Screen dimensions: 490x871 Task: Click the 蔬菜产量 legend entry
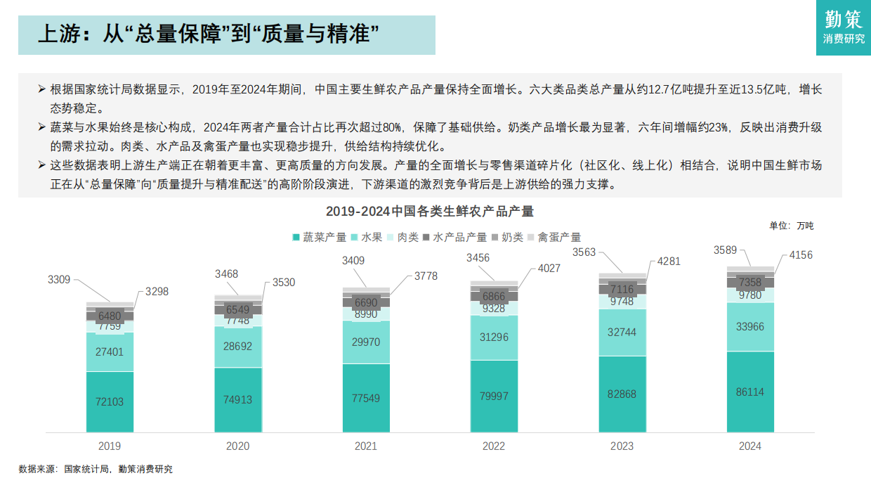pyautogui.click(x=320, y=238)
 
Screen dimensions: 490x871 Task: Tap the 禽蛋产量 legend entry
pyautogui.click(x=554, y=238)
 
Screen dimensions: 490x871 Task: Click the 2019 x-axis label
pyautogui.click(x=110, y=446)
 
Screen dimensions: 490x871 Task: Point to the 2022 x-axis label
pyautogui.click(x=494, y=446)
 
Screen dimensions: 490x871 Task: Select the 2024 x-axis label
pyautogui.click(x=750, y=446)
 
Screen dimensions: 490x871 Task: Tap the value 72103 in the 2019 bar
pyautogui.click(x=110, y=401)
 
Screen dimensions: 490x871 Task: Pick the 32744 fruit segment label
pyautogui.click(x=622, y=332)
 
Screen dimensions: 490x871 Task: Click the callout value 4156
pyautogui.click(x=801, y=255)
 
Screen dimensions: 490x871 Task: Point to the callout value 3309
pyautogui.click(x=59, y=280)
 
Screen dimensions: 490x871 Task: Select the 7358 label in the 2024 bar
pyautogui.click(x=750, y=283)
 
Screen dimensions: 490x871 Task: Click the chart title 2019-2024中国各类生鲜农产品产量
pyautogui.click(x=430, y=212)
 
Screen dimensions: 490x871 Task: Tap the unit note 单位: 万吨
pyautogui.click(x=792, y=226)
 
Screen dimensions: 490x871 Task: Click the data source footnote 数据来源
pyautogui.click(x=96, y=469)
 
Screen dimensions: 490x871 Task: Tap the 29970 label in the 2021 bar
pyautogui.click(x=366, y=342)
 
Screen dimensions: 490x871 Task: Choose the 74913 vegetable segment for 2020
pyautogui.click(x=237, y=399)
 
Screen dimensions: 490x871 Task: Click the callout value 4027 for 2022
pyautogui.click(x=549, y=268)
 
